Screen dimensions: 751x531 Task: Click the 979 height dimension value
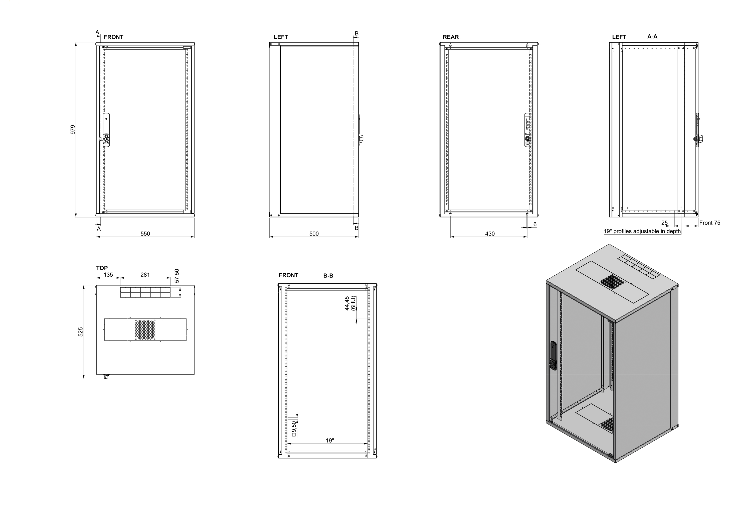[73, 129]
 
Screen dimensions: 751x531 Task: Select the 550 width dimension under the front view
[145, 234]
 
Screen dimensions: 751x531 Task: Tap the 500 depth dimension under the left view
[314, 234]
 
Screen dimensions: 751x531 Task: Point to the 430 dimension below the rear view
[490, 234]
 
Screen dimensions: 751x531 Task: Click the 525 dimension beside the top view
[80, 332]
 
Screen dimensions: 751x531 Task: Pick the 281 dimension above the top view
[145, 275]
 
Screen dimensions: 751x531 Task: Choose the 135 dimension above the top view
[108, 275]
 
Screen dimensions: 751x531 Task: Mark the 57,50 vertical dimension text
[177, 276]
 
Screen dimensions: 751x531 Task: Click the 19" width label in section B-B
[330, 440]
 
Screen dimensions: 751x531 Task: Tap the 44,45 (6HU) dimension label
[350, 303]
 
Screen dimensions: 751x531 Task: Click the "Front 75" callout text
[710, 223]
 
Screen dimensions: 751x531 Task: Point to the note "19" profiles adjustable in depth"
[642, 231]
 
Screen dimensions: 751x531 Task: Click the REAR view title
[451, 37]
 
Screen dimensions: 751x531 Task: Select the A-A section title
[652, 37]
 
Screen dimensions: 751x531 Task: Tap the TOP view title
[102, 268]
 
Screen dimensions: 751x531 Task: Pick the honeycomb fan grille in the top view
[145, 329]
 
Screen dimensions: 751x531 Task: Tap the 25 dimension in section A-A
[664, 223]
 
